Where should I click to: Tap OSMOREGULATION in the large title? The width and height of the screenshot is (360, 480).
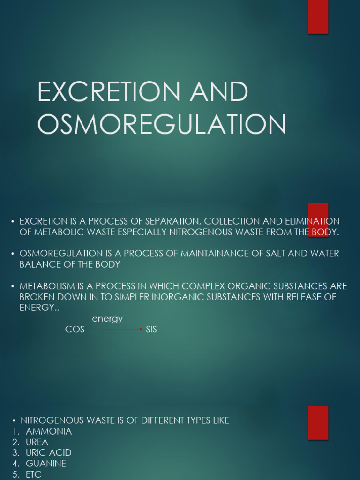tap(161, 125)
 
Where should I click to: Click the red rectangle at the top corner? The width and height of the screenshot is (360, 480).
tap(318, 17)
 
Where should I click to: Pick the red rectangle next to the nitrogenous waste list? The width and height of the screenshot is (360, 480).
tap(318, 422)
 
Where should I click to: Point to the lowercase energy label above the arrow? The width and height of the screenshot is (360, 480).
tap(107, 319)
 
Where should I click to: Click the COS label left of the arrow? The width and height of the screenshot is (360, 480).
tap(75, 330)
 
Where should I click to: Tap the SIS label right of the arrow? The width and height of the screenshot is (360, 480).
tap(151, 330)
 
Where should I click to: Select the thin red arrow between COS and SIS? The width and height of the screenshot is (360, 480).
tap(115, 329)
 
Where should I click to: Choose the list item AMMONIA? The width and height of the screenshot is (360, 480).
tap(49, 431)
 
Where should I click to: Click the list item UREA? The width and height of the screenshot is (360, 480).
tap(37, 442)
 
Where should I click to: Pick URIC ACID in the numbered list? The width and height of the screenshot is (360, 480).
tap(49, 453)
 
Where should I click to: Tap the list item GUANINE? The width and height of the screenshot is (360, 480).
tap(46, 464)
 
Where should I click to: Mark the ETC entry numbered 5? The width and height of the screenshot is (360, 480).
tap(34, 474)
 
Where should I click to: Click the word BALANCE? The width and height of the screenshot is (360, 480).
tap(39, 264)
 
